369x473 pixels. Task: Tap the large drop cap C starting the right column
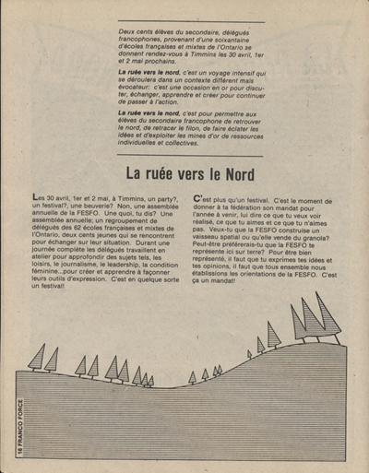point(199,197)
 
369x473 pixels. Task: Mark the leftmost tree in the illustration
point(38,358)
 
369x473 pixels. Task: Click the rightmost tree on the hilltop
point(327,318)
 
